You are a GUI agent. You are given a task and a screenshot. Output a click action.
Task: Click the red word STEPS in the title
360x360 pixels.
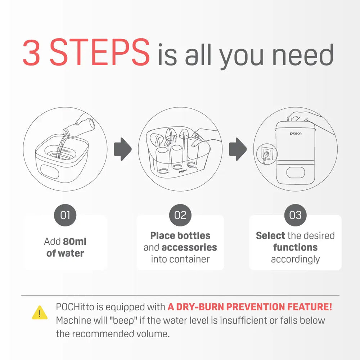100,52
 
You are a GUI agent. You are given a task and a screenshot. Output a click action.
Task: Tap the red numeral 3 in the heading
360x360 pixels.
31,52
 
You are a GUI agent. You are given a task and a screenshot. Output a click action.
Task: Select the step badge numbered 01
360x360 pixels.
65,215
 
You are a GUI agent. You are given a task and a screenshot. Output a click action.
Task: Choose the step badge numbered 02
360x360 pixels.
180,215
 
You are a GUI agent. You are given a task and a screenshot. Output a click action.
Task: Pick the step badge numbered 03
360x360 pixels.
295,215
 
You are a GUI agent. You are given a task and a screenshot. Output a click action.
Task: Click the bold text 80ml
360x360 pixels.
75,242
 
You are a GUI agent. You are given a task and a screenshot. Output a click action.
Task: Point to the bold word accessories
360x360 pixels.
189,248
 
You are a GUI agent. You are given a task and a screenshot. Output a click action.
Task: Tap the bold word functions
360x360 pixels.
295,248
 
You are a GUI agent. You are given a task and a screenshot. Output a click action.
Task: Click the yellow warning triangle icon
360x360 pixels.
40,313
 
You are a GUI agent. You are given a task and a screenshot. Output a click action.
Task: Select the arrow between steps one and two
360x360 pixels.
123,149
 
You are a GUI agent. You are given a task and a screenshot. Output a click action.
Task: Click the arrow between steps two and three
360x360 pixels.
238,149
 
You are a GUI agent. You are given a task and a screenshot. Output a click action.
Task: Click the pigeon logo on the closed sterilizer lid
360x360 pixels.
296,134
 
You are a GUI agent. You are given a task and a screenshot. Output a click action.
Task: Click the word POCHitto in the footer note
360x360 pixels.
75,307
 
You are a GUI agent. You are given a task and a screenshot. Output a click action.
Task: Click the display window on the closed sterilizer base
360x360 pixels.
296,173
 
